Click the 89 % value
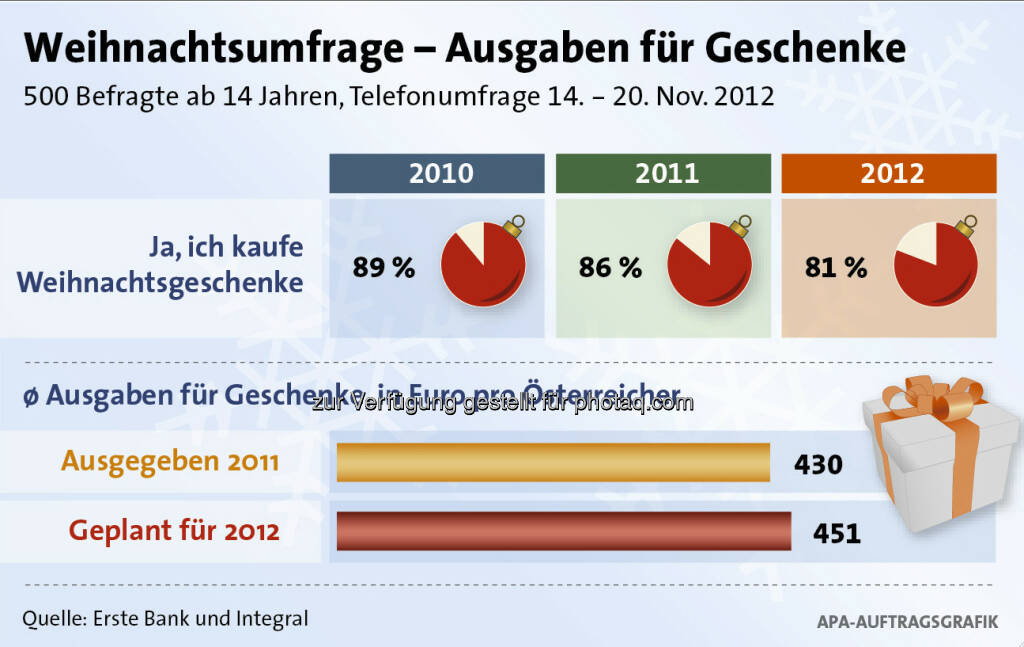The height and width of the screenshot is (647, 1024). pyautogui.click(x=383, y=268)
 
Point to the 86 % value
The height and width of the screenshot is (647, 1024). pyautogui.click(x=609, y=268)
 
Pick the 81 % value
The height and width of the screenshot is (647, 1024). pyautogui.click(x=835, y=268)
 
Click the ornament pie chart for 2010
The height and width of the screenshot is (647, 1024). pyautogui.click(x=484, y=263)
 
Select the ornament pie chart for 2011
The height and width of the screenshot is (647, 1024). pyautogui.click(x=709, y=263)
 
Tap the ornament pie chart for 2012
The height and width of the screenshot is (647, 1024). pyautogui.click(x=936, y=263)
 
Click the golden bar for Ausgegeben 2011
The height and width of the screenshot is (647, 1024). pyautogui.click(x=553, y=463)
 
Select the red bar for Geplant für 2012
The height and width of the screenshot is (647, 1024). pyautogui.click(x=564, y=530)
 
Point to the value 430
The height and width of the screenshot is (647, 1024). pyautogui.click(x=818, y=465)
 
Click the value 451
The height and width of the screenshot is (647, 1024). pyautogui.click(x=836, y=533)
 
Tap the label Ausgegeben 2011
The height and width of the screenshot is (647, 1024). pyautogui.click(x=170, y=461)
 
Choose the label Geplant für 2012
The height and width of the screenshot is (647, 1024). pyautogui.click(x=174, y=530)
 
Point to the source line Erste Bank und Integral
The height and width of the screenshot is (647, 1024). pyautogui.click(x=165, y=618)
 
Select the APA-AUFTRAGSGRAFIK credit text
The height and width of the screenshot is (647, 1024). pyautogui.click(x=907, y=622)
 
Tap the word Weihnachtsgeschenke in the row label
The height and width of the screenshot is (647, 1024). pyautogui.click(x=160, y=283)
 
